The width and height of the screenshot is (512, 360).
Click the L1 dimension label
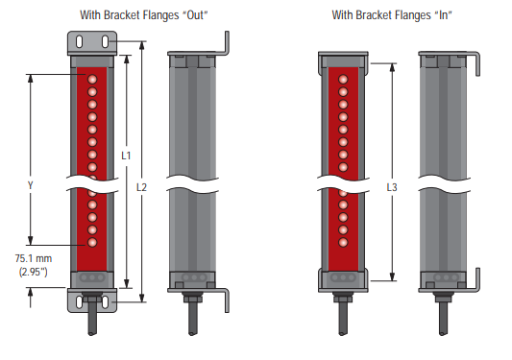(x=126, y=156)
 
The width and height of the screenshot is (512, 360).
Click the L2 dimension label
(x=142, y=187)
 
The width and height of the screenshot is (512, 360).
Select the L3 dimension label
(x=392, y=187)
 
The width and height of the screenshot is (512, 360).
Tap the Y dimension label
(x=31, y=185)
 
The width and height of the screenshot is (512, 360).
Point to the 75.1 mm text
(x=34, y=258)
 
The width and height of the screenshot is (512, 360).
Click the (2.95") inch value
(x=34, y=272)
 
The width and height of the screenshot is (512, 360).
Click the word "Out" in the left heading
(x=195, y=15)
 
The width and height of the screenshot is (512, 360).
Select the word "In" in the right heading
(x=444, y=15)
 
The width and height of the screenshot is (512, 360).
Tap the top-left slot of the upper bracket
(x=79, y=42)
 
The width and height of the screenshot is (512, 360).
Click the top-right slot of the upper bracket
(x=105, y=42)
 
